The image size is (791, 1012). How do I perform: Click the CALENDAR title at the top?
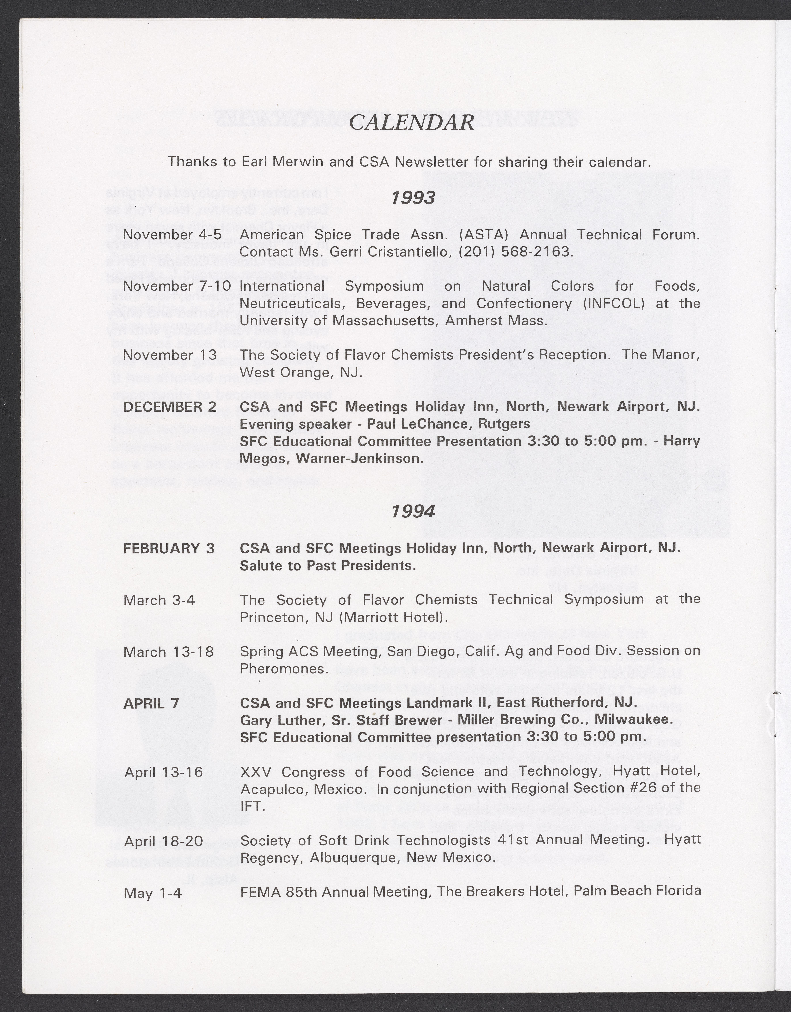(411, 123)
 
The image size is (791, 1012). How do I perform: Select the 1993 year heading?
(413, 198)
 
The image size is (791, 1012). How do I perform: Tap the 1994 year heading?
(413, 511)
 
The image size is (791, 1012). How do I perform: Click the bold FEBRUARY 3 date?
(169, 549)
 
